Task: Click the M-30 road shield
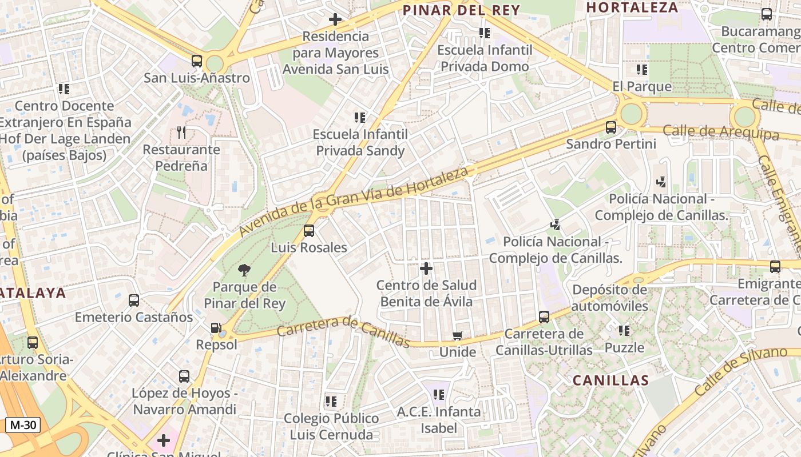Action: [23, 425]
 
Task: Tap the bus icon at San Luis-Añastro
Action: [197, 61]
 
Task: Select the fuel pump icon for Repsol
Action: [216, 328]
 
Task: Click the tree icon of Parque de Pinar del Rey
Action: [244, 270]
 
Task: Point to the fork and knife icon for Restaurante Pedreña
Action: [181, 133]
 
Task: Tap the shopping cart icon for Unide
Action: [457, 335]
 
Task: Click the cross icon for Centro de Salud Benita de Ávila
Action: [426, 268]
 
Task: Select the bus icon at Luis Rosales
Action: [309, 231]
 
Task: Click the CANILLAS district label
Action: [610, 380]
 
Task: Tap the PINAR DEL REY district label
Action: [461, 10]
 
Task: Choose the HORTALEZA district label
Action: [632, 7]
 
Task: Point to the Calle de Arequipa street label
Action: [720, 132]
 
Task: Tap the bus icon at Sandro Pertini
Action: [611, 127]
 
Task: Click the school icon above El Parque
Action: [642, 70]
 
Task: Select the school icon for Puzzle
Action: [624, 330]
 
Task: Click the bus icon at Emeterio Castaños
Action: [134, 300]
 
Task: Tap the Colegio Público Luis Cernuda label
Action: [331, 426]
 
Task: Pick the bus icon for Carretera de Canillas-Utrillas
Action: [544, 316]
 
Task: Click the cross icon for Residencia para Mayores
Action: [335, 19]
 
